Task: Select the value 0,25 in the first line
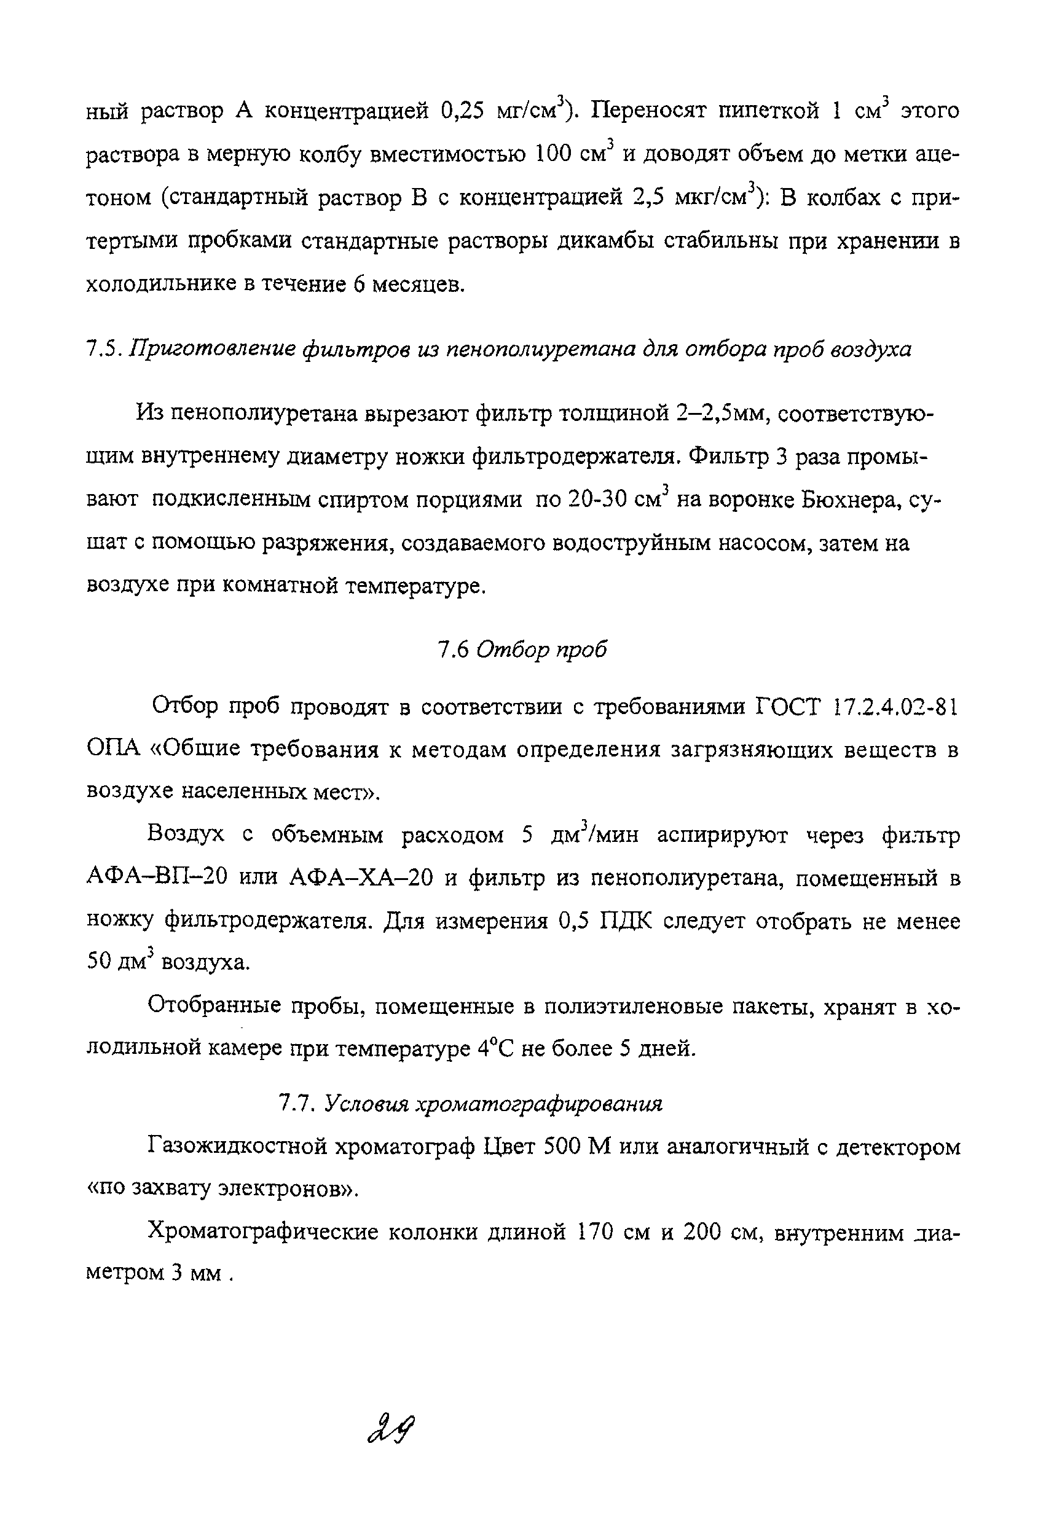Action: (462, 111)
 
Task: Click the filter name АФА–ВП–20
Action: (157, 878)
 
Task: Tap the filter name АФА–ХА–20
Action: (361, 878)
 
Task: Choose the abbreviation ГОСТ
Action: (788, 707)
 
